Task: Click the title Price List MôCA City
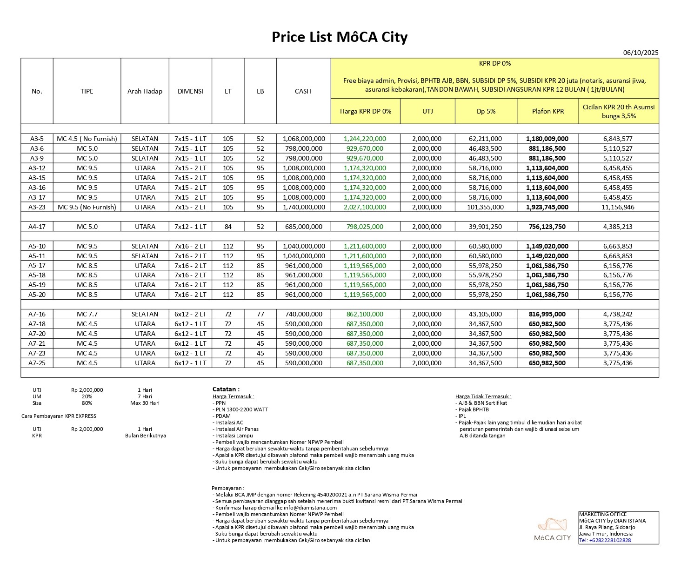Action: point(340,37)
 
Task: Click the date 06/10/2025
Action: point(641,53)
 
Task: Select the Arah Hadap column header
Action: point(145,91)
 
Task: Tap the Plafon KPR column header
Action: point(547,111)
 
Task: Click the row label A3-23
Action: point(37,207)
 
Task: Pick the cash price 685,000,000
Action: point(303,227)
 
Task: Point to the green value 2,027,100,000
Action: point(365,207)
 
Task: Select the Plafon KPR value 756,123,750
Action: point(547,227)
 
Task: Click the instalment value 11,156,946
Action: point(618,207)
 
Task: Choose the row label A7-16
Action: point(37,314)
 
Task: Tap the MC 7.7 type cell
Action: point(87,314)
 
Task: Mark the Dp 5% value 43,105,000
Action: point(485,314)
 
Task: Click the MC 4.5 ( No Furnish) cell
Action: point(87,139)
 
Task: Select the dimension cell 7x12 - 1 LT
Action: point(190,227)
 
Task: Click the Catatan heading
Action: point(226,389)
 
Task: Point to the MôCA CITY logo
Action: point(552,530)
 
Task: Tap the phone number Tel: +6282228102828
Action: point(605,540)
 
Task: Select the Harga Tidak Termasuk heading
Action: point(483,396)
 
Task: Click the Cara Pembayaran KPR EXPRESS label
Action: point(59,416)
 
